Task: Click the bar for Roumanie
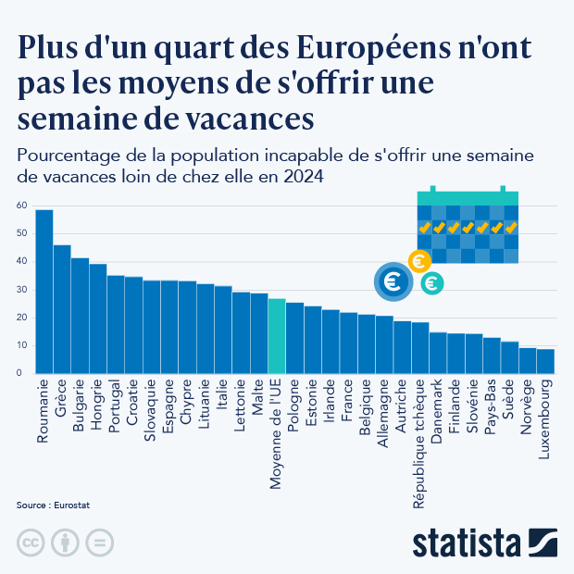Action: (x=44, y=292)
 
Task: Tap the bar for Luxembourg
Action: (x=545, y=361)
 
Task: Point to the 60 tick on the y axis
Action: (x=21, y=206)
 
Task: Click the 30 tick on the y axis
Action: (x=21, y=290)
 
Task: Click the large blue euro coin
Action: (x=393, y=281)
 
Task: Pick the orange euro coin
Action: (x=418, y=262)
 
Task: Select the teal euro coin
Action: (x=430, y=284)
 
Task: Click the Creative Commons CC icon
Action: (x=31, y=542)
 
